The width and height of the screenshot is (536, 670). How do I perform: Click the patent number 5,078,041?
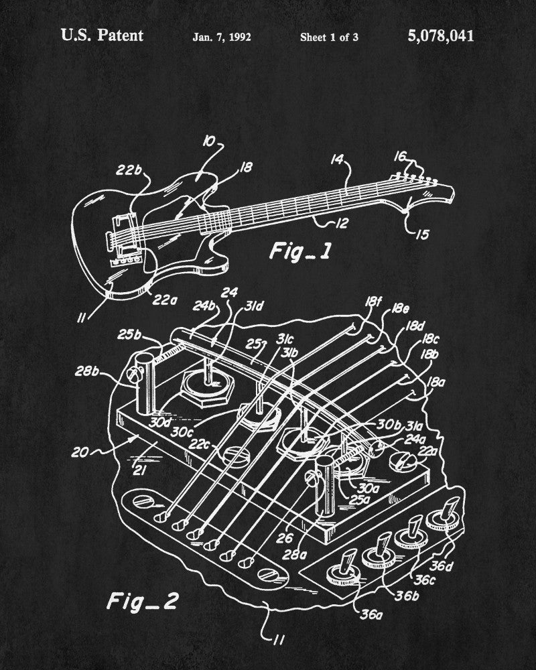(440, 36)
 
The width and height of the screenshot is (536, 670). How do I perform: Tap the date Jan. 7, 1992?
(222, 37)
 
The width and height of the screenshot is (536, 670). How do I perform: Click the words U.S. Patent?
(102, 36)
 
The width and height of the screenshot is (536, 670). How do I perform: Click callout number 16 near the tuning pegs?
(399, 157)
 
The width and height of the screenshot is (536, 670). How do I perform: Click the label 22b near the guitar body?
(132, 170)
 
